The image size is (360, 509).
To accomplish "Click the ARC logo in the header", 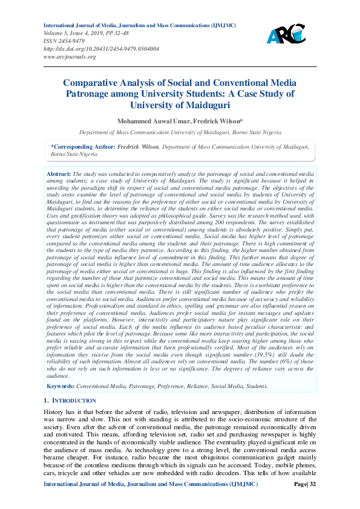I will tap(286, 36).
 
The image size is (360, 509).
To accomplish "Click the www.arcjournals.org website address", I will tap(70, 57).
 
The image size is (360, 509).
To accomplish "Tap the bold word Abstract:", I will tap(58, 173).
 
